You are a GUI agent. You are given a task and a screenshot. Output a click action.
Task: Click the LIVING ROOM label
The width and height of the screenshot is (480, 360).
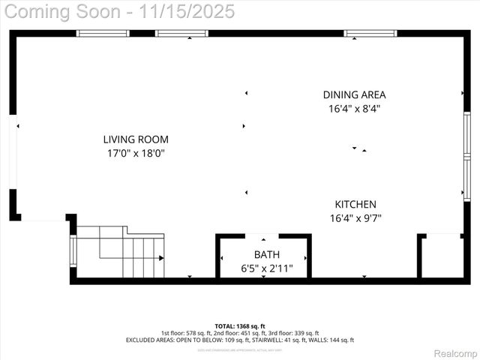point(136,139)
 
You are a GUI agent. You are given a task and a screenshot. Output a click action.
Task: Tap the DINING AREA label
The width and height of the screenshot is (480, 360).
point(355,95)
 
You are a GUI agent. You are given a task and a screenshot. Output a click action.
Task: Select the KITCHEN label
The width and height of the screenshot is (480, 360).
point(355,204)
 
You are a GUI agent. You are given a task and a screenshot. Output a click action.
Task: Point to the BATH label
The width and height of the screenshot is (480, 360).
point(266,255)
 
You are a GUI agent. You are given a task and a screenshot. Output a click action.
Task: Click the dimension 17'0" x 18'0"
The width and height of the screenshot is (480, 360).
point(136,154)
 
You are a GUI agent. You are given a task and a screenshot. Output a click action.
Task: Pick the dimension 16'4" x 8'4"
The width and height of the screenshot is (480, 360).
point(355,109)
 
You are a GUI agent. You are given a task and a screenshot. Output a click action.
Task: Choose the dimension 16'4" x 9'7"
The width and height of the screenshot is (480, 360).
point(355,218)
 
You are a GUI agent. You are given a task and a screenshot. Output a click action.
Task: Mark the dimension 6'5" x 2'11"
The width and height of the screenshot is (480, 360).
point(266,268)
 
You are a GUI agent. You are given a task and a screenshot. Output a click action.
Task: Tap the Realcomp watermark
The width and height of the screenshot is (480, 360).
point(455,353)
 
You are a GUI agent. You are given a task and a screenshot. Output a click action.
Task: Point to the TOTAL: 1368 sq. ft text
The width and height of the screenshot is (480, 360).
point(240,326)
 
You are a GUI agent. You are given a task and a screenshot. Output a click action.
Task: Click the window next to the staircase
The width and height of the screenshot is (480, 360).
point(73,251)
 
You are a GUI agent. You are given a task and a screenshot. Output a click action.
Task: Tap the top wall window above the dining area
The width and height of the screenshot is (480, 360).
point(370,33)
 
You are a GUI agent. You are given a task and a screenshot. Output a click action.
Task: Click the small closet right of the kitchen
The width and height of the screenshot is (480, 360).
point(441,256)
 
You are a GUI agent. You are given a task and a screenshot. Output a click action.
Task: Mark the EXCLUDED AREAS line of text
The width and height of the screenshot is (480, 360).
point(240,340)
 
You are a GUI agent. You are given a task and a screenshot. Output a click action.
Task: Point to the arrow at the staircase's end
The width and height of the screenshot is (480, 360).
point(160,258)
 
